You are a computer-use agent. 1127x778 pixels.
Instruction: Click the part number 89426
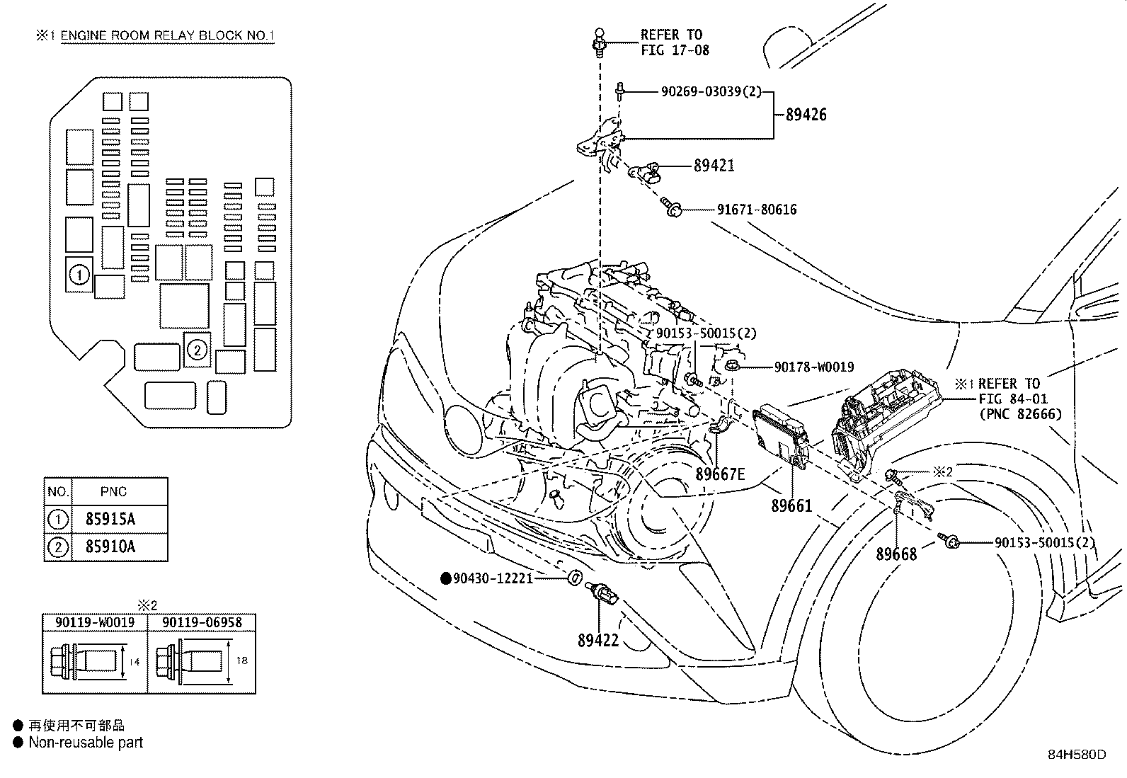pos(806,115)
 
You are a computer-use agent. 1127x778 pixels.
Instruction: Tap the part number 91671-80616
pos(756,210)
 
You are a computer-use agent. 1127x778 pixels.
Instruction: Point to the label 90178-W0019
pos(813,367)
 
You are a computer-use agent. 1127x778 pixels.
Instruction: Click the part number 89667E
pos(720,474)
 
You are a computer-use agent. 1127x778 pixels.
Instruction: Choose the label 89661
pos(791,506)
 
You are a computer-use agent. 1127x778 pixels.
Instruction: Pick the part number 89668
pos(896,554)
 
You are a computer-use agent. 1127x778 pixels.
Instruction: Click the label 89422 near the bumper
pos(598,641)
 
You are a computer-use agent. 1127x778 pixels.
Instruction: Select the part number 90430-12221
pos(493,578)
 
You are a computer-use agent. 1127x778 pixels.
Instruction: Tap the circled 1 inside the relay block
pos(79,274)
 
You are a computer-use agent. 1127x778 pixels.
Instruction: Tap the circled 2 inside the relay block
pos(198,348)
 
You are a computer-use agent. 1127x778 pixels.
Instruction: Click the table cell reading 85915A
pos(110,519)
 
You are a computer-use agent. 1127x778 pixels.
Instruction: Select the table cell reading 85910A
pos(110,547)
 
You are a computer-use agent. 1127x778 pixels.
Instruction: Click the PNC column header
pos(113,491)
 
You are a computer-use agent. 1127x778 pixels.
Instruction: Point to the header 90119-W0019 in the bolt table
pos(95,622)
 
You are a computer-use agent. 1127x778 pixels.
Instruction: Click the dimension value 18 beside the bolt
pos(241,660)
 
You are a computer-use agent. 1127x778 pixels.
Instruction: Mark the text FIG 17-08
pos(675,50)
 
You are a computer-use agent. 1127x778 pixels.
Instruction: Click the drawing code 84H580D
pos(1077,755)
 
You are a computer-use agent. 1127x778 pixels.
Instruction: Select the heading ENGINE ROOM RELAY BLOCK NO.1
pos(167,36)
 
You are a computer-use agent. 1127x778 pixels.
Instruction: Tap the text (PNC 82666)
pos(1020,414)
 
